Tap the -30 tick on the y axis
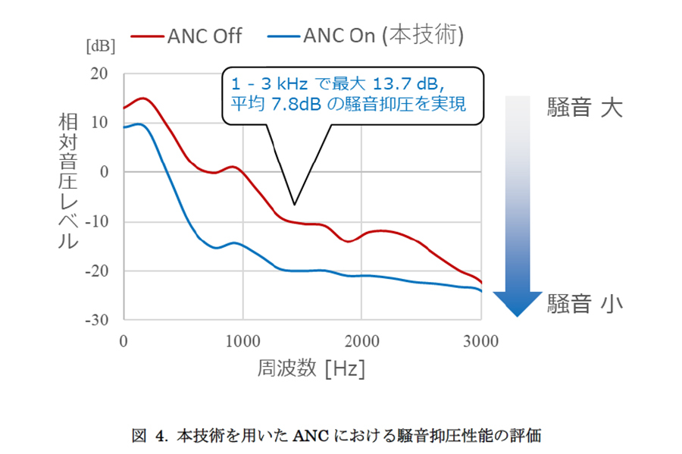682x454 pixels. (97, 320)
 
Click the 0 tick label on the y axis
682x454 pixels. (106, 172)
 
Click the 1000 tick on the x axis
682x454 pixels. (242, 341)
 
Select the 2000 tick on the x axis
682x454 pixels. (361, 341)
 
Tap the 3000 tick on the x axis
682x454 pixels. (480, 341)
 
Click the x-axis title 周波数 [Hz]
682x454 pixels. (301, 369)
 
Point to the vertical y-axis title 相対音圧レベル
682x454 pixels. (67, 182)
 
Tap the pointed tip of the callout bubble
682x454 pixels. (294, 204)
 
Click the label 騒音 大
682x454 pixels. (584, 108)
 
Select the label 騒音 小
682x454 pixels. (584, 304)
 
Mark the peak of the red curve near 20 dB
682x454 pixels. (141, 99)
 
